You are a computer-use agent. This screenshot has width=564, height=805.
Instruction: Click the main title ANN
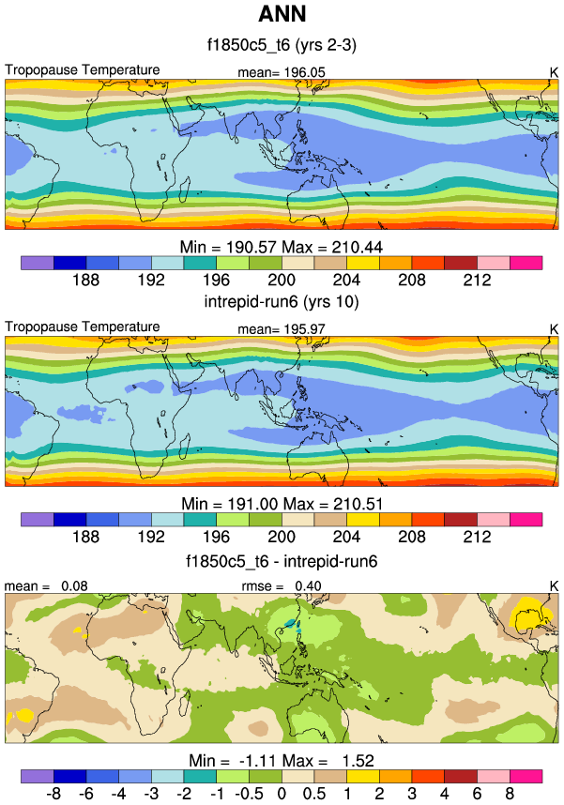[x=281, y=15]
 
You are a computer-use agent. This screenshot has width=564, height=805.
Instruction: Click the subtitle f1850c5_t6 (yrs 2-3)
[x=281, y=43]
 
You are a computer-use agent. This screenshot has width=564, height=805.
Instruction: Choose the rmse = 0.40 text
[x=282, y=586]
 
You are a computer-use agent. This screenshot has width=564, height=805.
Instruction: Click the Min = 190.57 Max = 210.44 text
[x=282, y=247]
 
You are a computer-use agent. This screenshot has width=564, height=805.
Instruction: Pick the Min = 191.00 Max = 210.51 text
[x=282, y=504]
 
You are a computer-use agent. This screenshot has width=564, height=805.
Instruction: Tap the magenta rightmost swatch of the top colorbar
[x=526, y=263]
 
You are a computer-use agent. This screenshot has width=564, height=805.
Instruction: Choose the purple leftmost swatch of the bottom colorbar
[x=37, y=777]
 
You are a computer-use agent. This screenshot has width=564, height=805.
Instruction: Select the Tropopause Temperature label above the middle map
[x=83, y=327]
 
